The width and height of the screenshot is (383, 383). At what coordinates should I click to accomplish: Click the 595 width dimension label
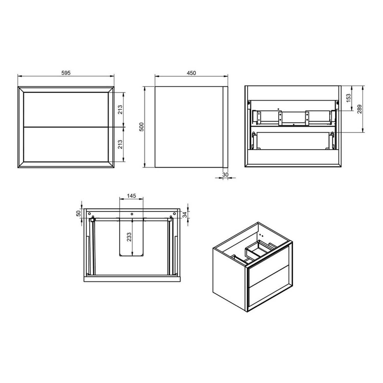tap(66, 73)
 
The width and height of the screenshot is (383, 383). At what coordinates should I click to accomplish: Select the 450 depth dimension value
tap(191, 73)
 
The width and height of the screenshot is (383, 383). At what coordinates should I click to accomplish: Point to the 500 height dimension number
tap(142, 127)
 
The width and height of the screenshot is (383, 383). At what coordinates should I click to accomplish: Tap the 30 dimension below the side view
tap(225, 174)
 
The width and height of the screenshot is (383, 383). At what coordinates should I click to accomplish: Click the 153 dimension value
tap(349, 98)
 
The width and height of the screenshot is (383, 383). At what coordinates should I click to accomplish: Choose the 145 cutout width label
tap(131, 196)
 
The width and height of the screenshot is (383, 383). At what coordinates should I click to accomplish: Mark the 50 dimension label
tap(79, 213)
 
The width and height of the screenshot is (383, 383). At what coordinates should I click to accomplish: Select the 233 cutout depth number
tap(129, 237)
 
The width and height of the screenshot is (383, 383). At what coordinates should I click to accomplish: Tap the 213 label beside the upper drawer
tap(120, 110)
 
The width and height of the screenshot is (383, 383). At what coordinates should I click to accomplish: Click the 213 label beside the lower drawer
tap(120, 144)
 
